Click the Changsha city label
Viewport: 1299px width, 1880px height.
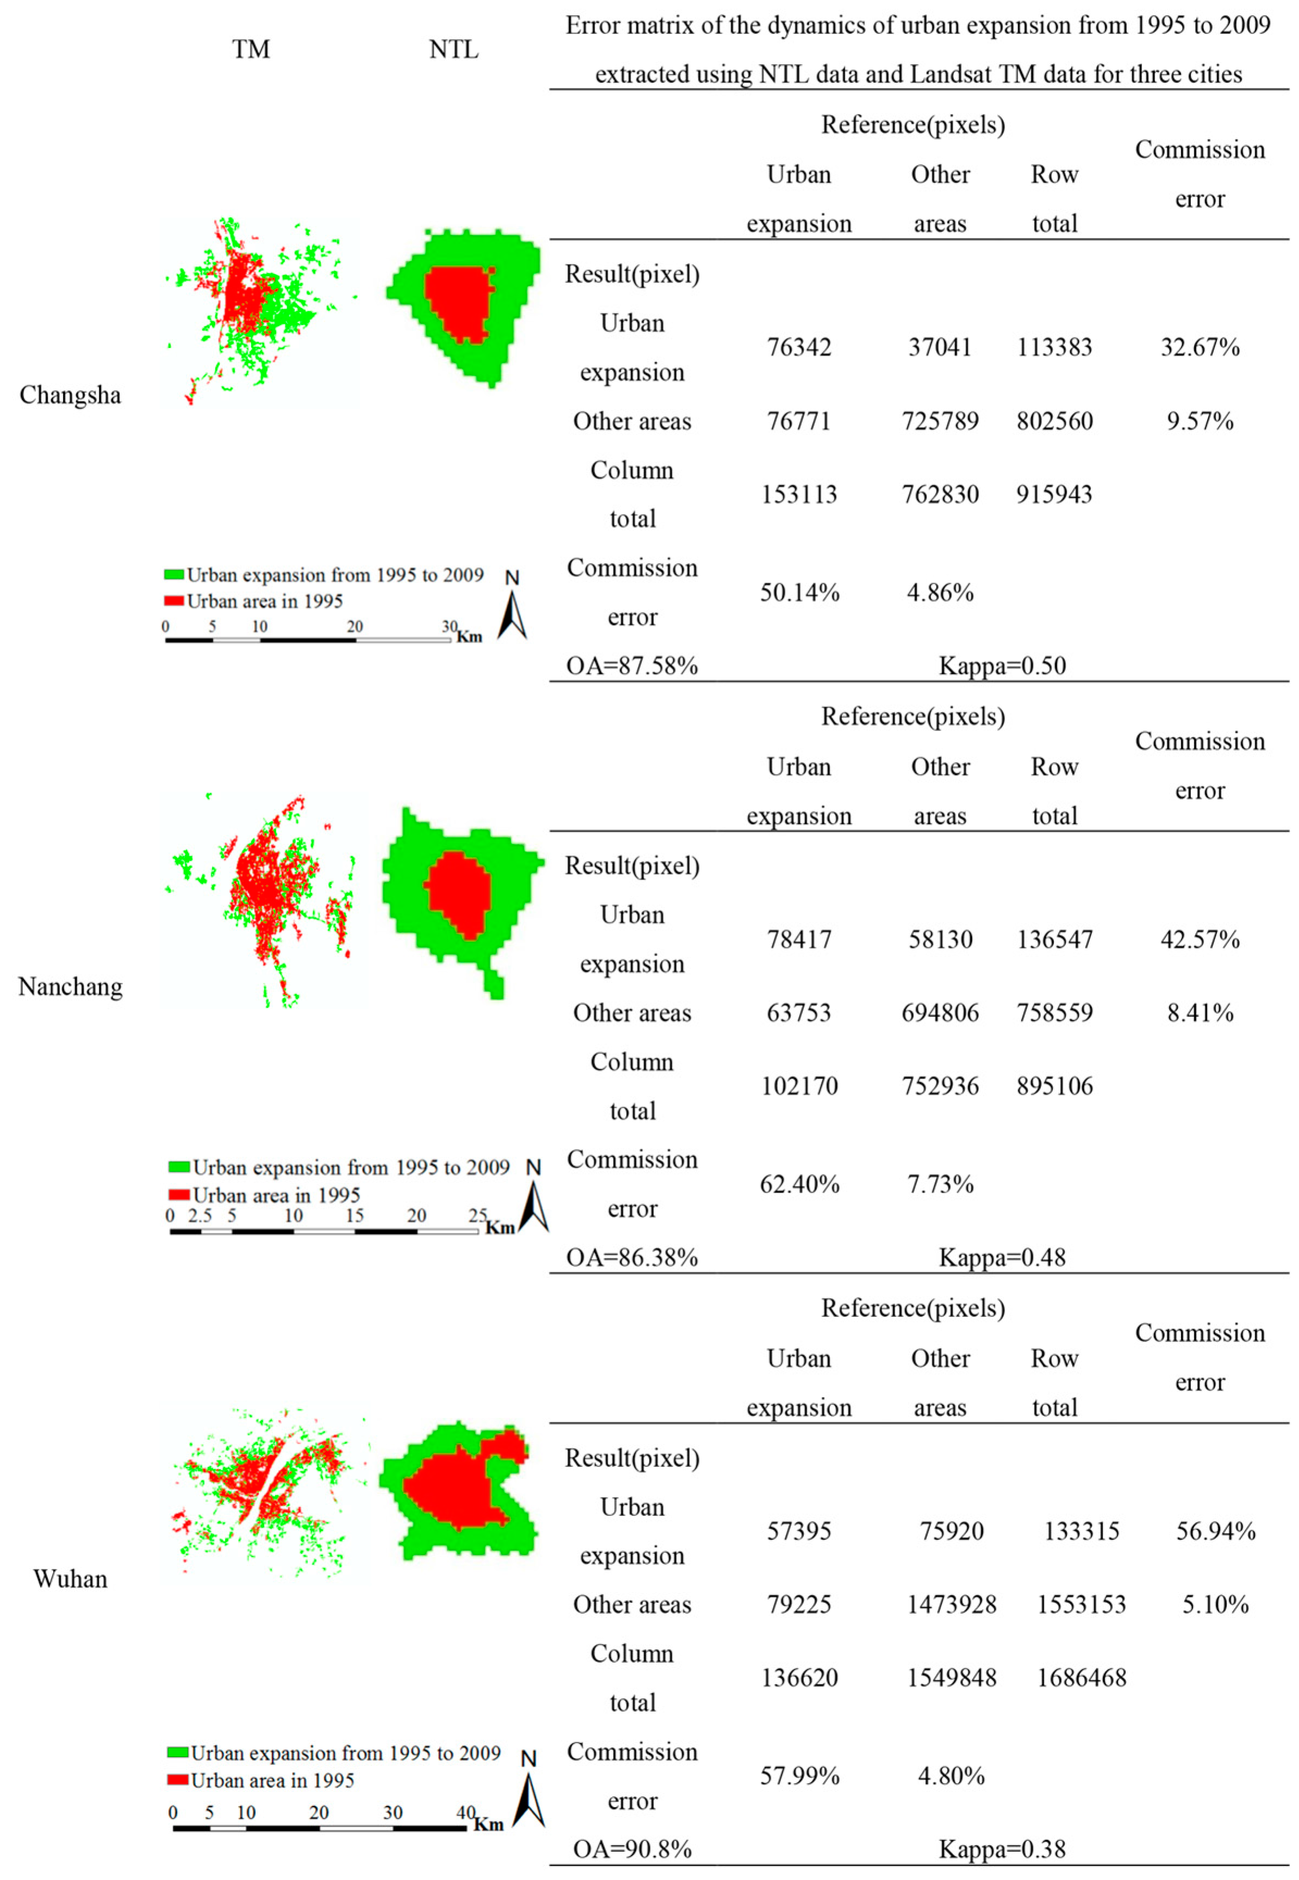[70, 396]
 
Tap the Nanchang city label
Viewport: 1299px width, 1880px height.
[70, 987]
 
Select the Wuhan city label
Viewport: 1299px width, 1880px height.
[70, 1579]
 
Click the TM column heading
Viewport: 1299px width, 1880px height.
[251, 49]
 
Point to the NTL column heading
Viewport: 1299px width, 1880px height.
[453, 49]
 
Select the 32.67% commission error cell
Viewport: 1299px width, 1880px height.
[1199, 347]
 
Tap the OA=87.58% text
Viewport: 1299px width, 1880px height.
[632, 666]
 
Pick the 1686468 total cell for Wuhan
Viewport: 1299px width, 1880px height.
[1081, 1677]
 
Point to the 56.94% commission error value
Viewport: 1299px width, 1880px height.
[1215, 1531]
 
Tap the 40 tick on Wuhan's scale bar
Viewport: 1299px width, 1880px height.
[465, 1813]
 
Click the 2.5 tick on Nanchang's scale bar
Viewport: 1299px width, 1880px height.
[199, 1216]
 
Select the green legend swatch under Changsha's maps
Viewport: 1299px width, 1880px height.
[173, 574]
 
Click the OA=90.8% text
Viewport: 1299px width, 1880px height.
[632, 1849]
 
